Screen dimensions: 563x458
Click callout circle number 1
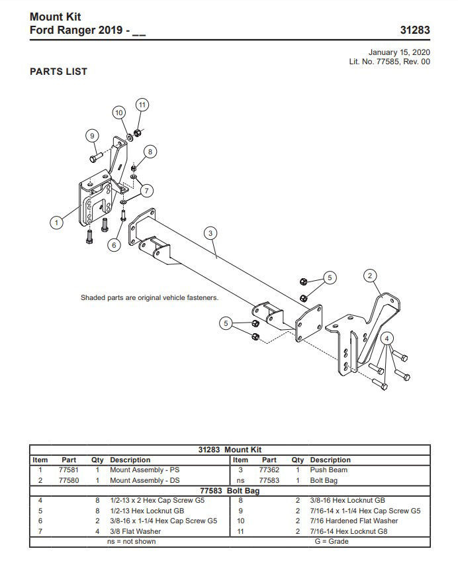[x=57, y=223]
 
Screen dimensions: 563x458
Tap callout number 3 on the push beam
[x=210, y=233]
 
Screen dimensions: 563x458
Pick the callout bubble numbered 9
[x=92, y=136]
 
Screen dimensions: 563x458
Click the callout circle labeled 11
[x=142, y=105]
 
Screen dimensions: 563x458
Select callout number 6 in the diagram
[x=114, y=245]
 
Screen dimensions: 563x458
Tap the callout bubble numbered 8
[x=150, y=152]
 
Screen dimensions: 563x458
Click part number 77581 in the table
[x=68, y=470]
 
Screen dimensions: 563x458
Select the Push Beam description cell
[x=328, y=470]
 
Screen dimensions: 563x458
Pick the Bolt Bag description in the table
[x=324, y=480]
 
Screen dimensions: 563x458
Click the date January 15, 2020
[x=399, y=52]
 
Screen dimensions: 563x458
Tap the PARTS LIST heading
[x=58, y=72]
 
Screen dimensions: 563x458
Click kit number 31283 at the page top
[x=415, y=30]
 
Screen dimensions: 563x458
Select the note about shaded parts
[x=149, y=298]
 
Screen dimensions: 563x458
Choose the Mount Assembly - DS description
[x=143, y=480]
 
